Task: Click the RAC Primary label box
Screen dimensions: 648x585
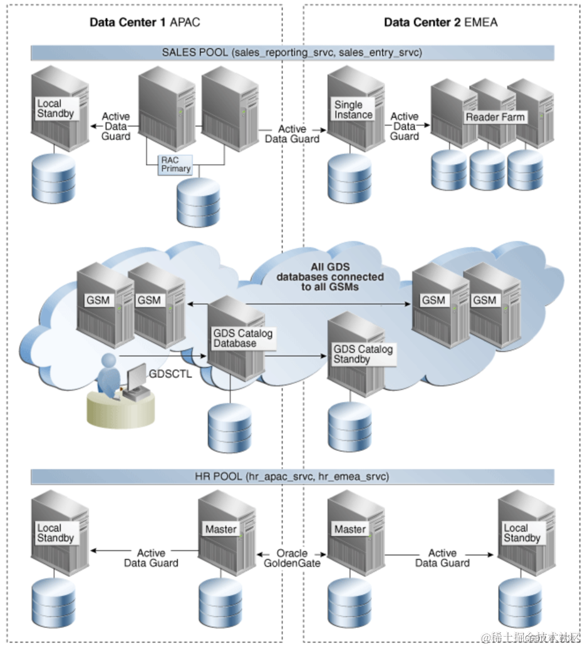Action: pos(176,164)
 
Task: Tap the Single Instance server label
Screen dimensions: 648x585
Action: pos(353,110)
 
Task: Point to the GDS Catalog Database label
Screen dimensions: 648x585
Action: pos(242,338)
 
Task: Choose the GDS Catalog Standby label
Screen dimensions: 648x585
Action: pos(363,354)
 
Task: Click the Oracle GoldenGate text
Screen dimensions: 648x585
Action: pos(292,558)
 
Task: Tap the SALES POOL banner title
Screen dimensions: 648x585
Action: pos(292,53)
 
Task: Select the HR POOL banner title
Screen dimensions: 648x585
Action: pos(292,477)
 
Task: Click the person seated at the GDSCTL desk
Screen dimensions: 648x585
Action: pos(109,377)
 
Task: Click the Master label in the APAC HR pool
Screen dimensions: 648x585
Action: pos(220,529)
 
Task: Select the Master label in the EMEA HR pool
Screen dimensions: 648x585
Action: pos(349,529)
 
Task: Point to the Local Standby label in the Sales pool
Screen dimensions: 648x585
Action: pos(55,108)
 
